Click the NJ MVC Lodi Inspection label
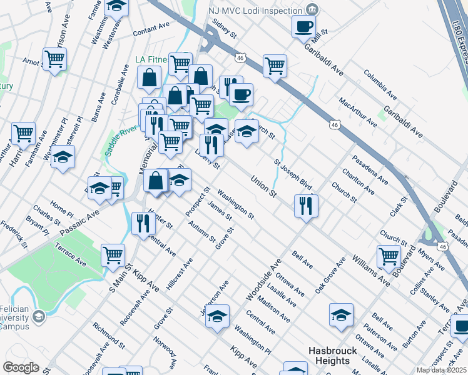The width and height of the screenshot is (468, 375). click(x=256, y=10)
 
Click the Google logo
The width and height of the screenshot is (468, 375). click(x=21, y=367)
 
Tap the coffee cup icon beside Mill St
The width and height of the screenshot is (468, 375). click(x=304, y=26)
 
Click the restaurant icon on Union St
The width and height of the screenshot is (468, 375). click(x=306, y=205)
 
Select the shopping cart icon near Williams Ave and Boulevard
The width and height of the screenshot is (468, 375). click(x=389, y=256)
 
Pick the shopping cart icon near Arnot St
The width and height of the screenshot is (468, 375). click(x=54, y=59)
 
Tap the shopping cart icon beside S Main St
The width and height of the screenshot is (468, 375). click(x=113, y=254)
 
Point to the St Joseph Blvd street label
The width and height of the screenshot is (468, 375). click(x=292, y=174)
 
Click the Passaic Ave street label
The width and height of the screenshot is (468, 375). click(x=80, y=223)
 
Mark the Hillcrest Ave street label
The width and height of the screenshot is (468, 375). click(x=180, y=273)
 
